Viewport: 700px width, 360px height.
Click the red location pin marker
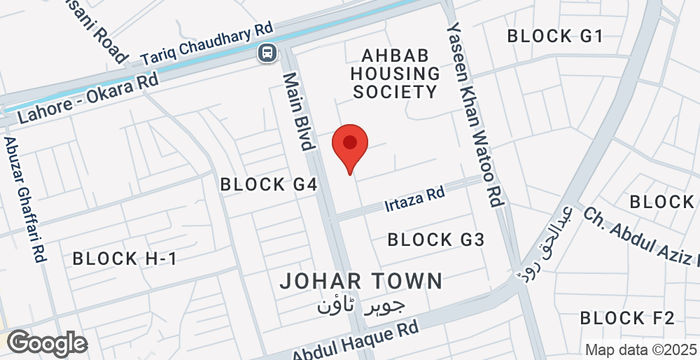[350, 148]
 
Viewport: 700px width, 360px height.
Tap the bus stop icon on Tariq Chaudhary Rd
[267, 53]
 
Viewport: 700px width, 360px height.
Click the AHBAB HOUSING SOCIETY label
[394, 73]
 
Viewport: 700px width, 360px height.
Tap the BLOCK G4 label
[268, 184]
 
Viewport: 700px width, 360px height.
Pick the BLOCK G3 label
[436, 239]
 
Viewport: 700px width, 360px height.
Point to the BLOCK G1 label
[555, 36]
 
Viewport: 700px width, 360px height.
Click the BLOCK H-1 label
[124, 258]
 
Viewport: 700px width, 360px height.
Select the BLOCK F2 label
[627, 317]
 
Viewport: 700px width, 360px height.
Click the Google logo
[44, 343]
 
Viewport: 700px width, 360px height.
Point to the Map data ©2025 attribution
[639, 350]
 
